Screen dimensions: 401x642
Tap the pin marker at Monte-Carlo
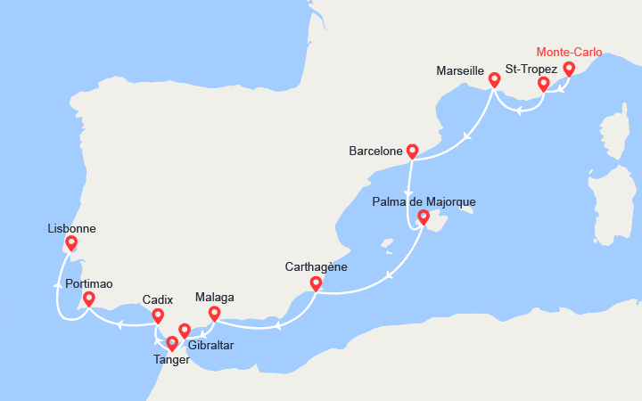click(x=569, y=70)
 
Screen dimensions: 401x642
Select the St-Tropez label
click(x=531, y=69)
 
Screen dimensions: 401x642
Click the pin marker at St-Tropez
click(x=543, y=85)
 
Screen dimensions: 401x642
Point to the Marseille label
click(x=460, y=70)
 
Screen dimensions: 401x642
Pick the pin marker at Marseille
click(x=494, y=80)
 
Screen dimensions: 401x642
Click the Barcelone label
click(x=375, y=151)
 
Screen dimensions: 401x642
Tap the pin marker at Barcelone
click(x=412, y=151)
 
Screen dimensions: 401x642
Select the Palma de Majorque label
click(x=424, y=201)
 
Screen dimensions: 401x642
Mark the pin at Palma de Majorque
click(x=424, y=217)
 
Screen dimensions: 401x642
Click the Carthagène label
click(x=316, y=266)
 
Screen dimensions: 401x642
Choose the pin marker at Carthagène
click(x=316, y=283)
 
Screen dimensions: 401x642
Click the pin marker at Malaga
click(x=214, y=313)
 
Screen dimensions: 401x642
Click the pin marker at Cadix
click(x=158, y=315)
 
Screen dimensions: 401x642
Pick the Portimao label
click(x=88, y=282)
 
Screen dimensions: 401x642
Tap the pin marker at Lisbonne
click(x=71, y=242)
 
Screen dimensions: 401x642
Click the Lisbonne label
click(x=71, y=228)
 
